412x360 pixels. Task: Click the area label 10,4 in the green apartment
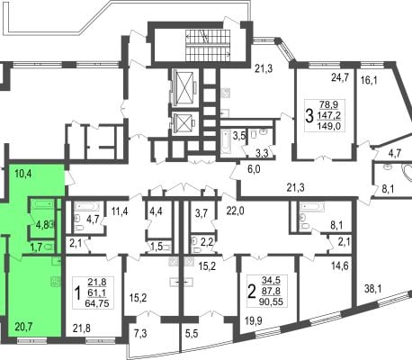23,174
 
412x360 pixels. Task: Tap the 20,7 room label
23,326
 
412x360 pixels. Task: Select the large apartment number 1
77,292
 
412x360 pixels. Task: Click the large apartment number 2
251,291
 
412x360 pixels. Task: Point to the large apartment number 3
309,116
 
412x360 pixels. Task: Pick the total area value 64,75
97,302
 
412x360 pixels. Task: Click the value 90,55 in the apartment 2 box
273,301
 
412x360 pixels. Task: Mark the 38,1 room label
373,289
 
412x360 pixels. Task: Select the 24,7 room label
340,77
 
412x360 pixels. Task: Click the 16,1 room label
369,80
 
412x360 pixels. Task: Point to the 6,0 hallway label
254,169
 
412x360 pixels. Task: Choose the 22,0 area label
235,211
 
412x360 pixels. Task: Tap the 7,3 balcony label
140,334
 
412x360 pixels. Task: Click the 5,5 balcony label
192,334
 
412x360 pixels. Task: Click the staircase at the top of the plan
208,45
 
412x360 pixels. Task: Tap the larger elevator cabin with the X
184,87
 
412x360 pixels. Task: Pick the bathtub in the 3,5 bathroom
226,141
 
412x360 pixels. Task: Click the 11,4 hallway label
120,211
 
